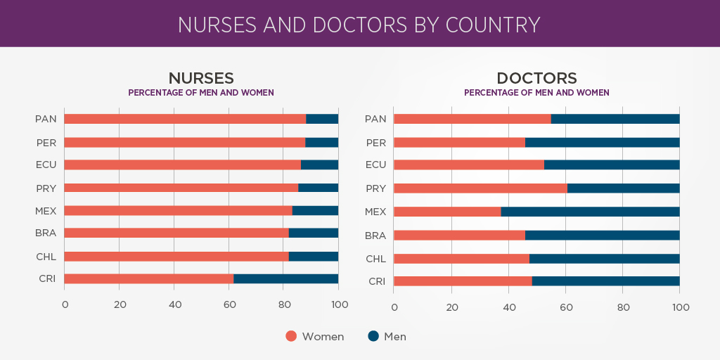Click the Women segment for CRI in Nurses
[x=148, y=278]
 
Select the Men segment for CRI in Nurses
[x=285, y=278]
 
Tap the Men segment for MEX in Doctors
[x=590, y=212]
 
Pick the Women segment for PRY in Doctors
[x=480, y=188]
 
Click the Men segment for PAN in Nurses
[x=322, y=119]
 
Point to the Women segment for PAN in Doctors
[x=472, y=119]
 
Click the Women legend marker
[x=291, y=336]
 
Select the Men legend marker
[x=373, y=336]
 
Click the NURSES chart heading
[x=200, y=78]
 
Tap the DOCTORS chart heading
[x=536, y=78]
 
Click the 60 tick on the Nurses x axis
[x=229, y=304]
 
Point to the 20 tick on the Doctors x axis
[x=452, y=307]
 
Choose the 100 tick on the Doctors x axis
[x=680, y=307]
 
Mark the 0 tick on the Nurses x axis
[x=65, y=304]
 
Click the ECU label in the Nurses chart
[x=46, y=165]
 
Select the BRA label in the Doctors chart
[x=375, y=236]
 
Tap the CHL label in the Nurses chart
[x=46, y=256]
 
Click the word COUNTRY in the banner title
[x=494, y=25]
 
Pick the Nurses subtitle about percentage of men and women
[x=200, y=93]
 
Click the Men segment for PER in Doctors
[x=602, y=143]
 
